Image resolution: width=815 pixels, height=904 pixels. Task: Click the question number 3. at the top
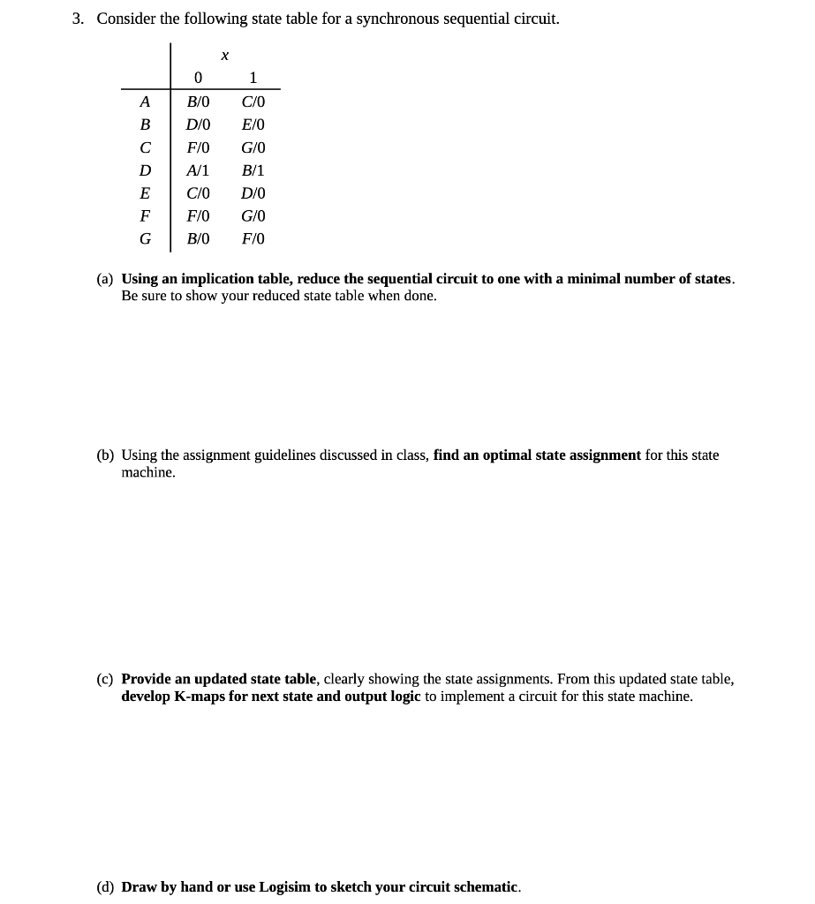pyautogui.click(x=79, y=19)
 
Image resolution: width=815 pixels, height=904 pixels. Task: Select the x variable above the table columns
pyautogui.click(x=225, y=56)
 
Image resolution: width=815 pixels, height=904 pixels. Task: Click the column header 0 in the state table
pyautogui.click(x=198, y=78)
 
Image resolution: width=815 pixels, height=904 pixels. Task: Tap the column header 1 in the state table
pyautogui.click(x=253, y=78)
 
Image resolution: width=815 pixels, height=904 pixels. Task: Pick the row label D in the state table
pyautogui.click(x=145, y=170)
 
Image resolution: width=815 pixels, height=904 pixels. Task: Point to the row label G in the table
pyautogui.click(x=145, y=239)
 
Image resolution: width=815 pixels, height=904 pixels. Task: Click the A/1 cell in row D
pyautogui.click(x=198, y=170)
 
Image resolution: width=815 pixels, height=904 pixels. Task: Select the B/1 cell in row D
pyautogui.click(x=253, y=170)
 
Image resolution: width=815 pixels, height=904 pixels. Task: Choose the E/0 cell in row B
pyautogui.click(x=253, y=124)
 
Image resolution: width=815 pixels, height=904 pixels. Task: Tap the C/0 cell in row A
pyautogui.click(x=253, y=102)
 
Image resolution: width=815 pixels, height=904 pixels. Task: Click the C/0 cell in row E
pyautogui.click(x=198, y=193)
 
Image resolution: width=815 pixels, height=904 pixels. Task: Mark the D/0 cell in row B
pyautogui.click(x=198, y=124)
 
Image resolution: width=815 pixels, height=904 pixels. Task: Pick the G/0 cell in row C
pyautogui.click(x=253, y=147)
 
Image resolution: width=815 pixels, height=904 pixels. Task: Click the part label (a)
pyautogui.click(x=105, y=279)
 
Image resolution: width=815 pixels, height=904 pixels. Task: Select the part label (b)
pyautogui.click(x=105, y=456)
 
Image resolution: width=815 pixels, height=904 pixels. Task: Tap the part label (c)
pyautogui.click(x=105, y=680)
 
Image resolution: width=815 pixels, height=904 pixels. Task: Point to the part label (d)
pyautogui.click(x=105, y=887)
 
